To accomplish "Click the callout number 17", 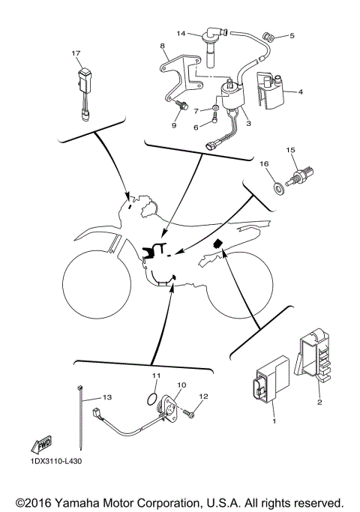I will pos(75,54).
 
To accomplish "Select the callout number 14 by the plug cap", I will pos(180,33).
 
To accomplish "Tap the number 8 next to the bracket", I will pos(161,46).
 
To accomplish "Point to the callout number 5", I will pos(292,35).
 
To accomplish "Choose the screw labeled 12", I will pos(190,414).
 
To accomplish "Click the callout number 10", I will pos(180,384).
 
